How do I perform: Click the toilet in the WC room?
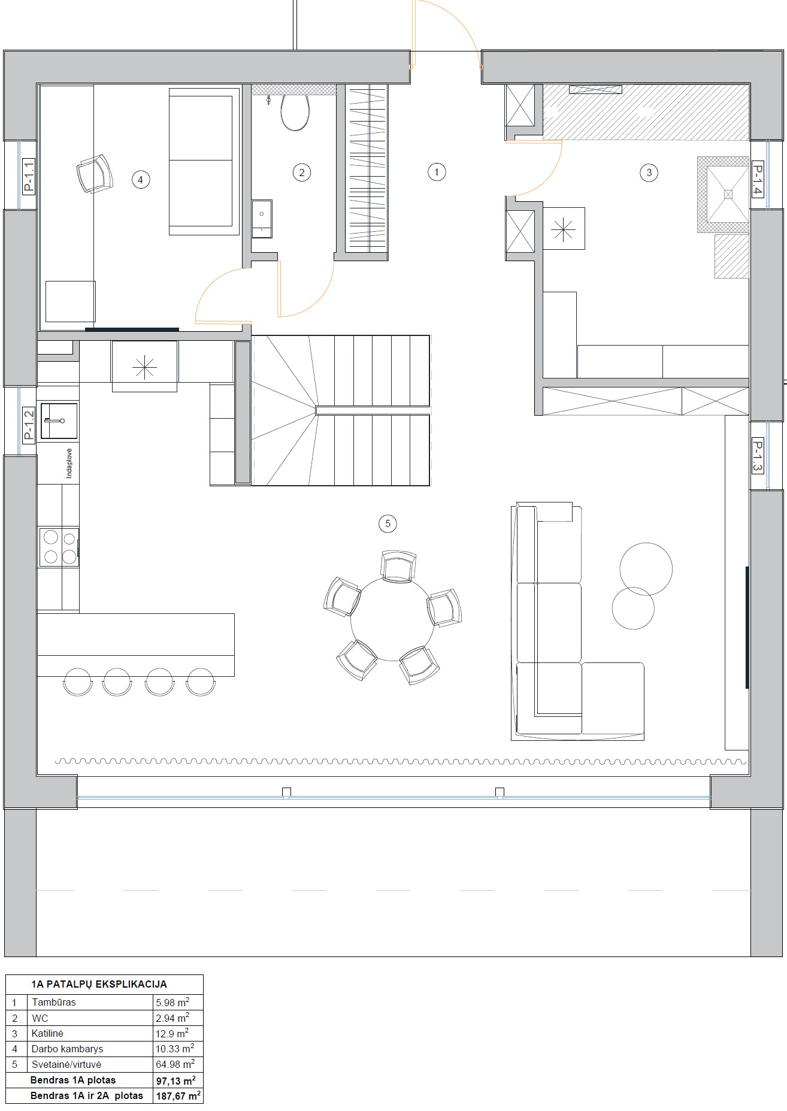pos(295,112)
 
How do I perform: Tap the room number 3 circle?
pos(649,173)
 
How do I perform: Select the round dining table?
pos(392,619)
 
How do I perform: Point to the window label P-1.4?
pos(757,180)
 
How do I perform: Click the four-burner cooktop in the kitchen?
pos(59,547)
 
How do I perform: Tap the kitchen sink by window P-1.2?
pos(59,422)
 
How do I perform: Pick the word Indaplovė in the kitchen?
pos(69,463)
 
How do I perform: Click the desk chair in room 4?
pos(95,173)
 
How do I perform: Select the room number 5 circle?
pos(388,523)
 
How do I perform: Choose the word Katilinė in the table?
pos(47,1033)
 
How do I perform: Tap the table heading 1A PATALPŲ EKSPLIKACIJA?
pos(99,984)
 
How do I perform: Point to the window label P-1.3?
pos(757,456)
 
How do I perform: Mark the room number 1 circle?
pos(437,172)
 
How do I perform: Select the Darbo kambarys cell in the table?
pos(68,1049)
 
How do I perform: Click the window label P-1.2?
pos(29,425)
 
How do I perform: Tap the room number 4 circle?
pos(140,179)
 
